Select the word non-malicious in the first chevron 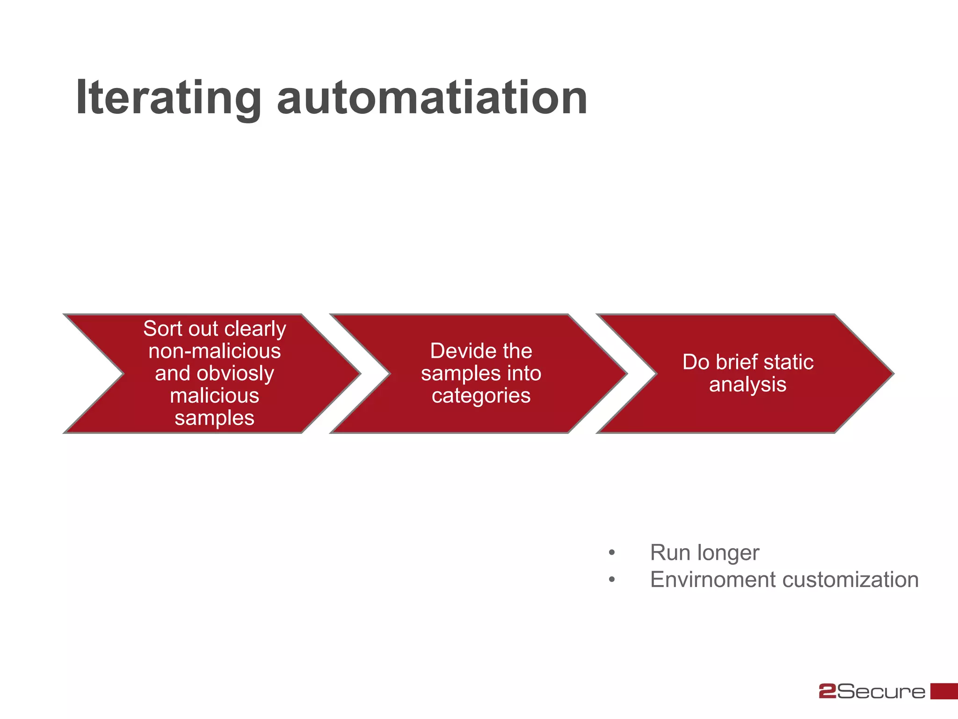215,351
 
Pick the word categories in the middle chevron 481,396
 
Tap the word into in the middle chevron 523,374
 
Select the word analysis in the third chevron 748,385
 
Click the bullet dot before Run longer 612,553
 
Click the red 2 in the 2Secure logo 827,691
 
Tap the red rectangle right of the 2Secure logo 944,691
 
